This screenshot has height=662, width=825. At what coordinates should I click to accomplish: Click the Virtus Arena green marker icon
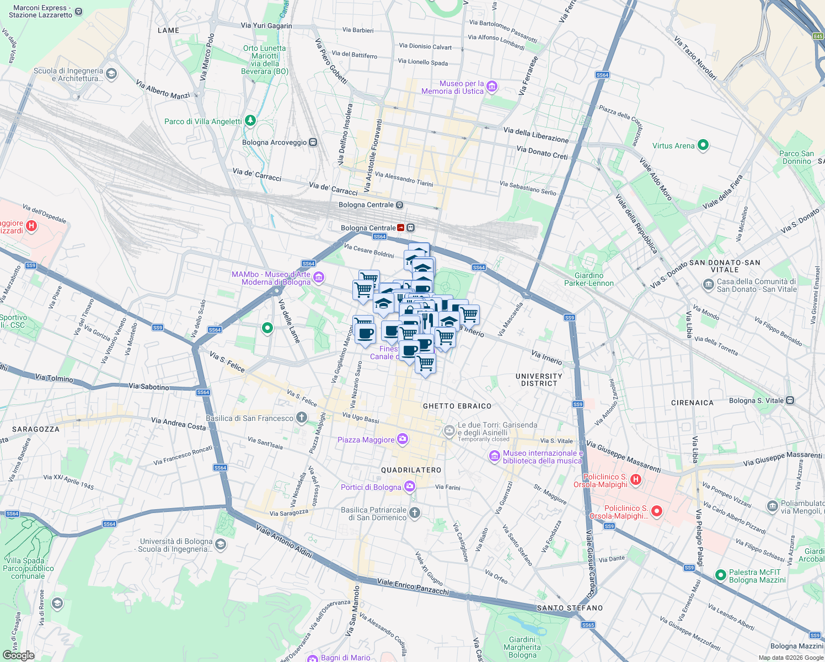point(703,145)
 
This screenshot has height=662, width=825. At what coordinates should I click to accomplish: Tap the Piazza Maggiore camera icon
point(403,439)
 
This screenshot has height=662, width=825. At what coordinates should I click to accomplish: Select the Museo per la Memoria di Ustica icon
point(492,87)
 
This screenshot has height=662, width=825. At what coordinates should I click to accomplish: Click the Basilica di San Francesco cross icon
point(301,418)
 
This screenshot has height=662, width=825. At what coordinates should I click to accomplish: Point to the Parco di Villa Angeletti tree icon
point(250,121)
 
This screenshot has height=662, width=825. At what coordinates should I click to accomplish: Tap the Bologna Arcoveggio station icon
point(313,142)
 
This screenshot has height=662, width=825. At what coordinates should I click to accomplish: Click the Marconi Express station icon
point(78,11)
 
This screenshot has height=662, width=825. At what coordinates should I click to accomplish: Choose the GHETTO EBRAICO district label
point(457,406)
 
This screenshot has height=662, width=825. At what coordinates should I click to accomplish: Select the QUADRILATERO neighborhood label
point(411,470)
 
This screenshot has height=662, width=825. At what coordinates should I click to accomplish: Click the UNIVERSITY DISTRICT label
point(539,380)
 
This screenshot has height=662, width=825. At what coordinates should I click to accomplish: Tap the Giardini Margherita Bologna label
point(522,647)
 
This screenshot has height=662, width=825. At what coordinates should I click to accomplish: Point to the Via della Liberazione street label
point(535,135)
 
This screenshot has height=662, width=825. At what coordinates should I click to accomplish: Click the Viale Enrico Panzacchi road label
point(413,586)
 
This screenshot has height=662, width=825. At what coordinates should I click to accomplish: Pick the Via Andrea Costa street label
point(178,423)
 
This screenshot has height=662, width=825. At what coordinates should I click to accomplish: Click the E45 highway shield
point(817,36)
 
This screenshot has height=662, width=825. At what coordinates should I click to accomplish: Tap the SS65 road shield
point(588,624)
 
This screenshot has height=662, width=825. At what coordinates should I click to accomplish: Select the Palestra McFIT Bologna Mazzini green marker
point(720,575)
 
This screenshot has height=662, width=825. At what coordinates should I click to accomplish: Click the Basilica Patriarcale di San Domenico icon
point(415,513)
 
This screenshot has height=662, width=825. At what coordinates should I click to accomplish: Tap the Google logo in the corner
point(18,655)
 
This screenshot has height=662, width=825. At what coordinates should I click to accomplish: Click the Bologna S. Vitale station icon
point(790,401)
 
